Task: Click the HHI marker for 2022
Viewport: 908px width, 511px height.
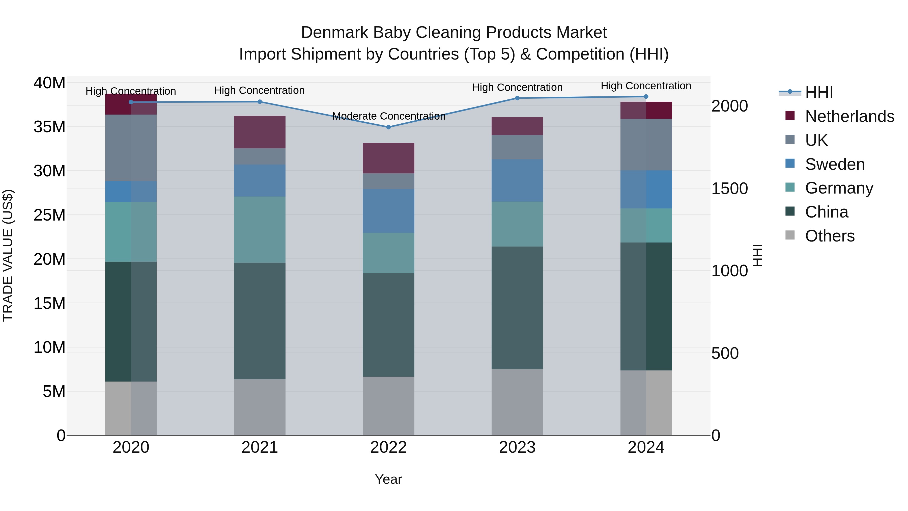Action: click(x=388, y=127)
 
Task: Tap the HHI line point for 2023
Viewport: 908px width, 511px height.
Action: click(x=517, y=98)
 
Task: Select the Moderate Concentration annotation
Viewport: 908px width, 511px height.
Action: click(x=388, y=116)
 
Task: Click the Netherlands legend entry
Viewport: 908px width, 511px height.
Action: click(x=849, y=116)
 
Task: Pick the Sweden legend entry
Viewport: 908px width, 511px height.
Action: click(x=835, y=164)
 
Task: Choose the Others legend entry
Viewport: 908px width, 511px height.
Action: click(x=830, y=236)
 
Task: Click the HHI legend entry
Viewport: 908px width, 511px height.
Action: click(x=819, y=92)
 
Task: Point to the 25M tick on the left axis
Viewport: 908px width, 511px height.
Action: click(x=49, y=215)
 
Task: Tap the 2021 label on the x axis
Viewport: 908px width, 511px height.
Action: click(x=260, y=447)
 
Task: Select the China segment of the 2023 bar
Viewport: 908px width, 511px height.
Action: click(x=517, y=308)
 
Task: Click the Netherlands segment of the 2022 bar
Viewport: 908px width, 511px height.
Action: click(x=388, y=158)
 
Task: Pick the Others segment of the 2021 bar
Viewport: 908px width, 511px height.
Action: click(x=260, y=407)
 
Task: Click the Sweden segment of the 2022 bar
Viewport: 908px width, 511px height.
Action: click(x=388, y=211)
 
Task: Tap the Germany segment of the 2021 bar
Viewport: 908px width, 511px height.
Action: click(x=260, y=230)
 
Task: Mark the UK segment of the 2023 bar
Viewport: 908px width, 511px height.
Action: click(x=517, y=147)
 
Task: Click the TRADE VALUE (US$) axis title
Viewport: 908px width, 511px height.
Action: click(x=8, y=255)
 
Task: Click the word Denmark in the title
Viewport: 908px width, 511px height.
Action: click(x=335, y=33)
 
